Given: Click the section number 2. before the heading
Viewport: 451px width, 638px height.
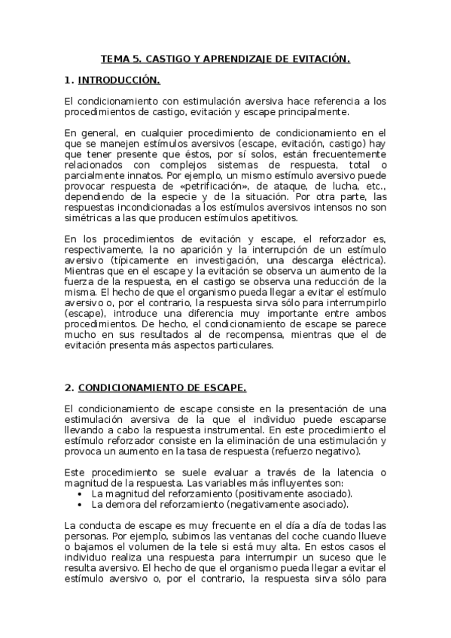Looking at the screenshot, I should click(x=69, y=388).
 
